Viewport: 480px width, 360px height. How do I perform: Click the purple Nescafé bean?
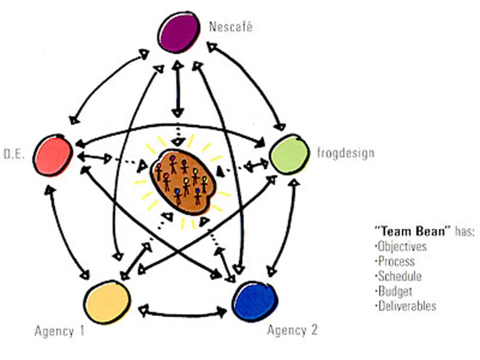(179, 32)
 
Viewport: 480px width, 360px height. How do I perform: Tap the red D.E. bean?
(53, 155)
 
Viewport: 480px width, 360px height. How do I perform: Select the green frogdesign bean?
(289, 154)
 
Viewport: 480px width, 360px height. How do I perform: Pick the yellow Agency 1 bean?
(107, 302)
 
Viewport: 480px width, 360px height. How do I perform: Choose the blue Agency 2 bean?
(255, 301)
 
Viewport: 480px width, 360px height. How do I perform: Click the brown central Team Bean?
(182, 182)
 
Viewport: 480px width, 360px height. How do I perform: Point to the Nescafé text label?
(231, 26)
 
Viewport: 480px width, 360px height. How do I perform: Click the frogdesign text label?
(346, 153)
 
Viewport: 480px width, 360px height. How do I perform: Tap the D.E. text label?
(14, 154)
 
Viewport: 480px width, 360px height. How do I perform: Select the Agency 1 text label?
(59, 331)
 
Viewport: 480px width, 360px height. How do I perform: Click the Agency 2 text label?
(292, 331)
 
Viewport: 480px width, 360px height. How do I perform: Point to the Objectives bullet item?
(401, 246)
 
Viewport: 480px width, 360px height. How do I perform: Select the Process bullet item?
(395, 261)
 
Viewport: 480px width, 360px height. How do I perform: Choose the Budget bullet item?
(394, 291)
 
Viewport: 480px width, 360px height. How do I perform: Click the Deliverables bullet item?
(406, 306)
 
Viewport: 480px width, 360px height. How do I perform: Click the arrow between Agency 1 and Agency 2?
(184, 314)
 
